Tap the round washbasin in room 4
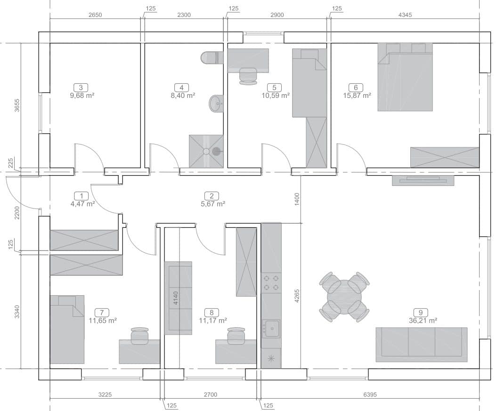point(216,103)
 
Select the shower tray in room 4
point(206,151)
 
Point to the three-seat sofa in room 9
point(422,345)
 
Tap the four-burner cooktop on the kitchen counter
point(271,282)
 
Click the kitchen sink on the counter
point(271,329)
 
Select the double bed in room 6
point(405,77)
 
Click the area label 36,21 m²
point(423,321)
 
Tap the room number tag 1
point(81,196)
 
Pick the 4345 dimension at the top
point(405,15)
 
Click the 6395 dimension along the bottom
point(370,395)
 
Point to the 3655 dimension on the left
point(17,105)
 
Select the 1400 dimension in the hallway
point(296,200)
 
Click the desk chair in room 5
point(248,76)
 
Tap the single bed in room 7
point(67,330)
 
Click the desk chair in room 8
point(236,336)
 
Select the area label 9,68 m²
point(82,95)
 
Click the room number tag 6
point(356,88)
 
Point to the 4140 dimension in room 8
point(176,298)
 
